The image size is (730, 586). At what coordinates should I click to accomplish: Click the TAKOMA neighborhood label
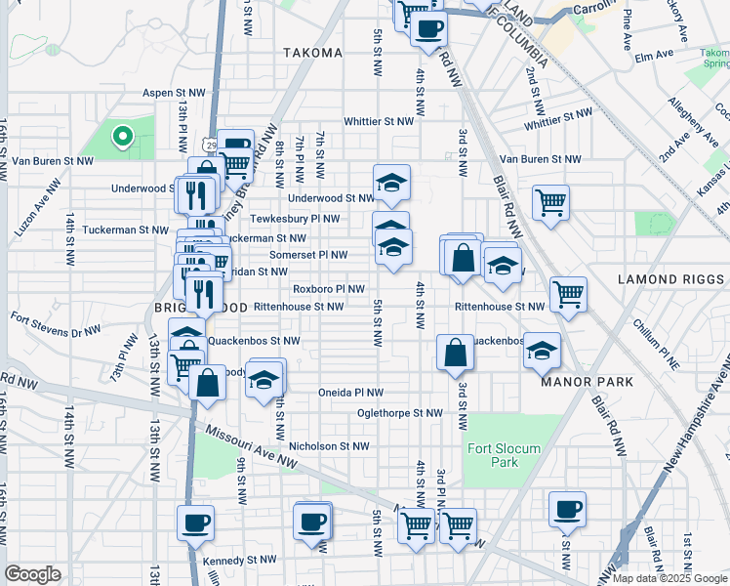pos(312,53)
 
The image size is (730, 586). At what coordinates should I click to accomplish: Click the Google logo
pos(33,574)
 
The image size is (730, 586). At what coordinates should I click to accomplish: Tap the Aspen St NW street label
pos(174,92)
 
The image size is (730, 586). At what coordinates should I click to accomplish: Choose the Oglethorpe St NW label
pos(400,413)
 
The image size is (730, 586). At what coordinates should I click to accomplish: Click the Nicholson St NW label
pos(329,445)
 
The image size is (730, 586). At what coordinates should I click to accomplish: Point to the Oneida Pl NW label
pos(350,393)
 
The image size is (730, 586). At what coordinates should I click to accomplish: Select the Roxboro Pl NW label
pos(329,289)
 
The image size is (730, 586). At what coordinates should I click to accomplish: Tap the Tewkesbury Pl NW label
pos(295,220)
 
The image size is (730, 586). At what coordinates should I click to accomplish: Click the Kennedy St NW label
pos(241,562)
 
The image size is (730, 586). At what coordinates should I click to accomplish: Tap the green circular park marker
pos(122,138)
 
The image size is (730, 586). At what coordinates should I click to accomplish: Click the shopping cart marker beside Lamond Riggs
pos(567,292)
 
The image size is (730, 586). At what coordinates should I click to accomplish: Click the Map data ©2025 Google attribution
pos(669,578)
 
